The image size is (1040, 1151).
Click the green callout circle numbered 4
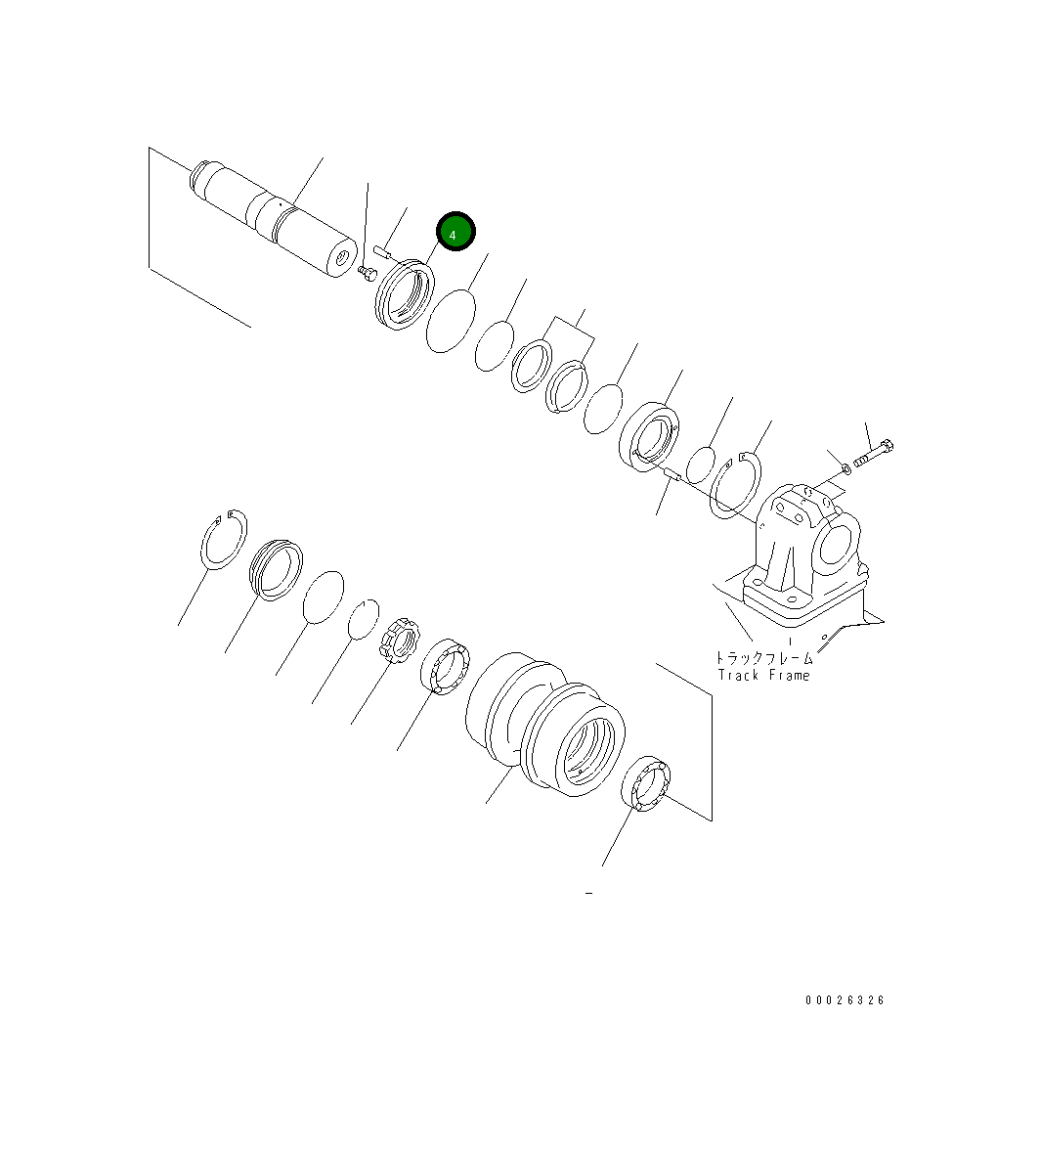click(455, 232)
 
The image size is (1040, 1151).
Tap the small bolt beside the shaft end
click(368, 272)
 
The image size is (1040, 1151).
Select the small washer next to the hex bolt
click(845, 470)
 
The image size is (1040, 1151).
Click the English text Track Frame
click(763, 676)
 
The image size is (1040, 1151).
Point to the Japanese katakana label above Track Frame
click(763, 660)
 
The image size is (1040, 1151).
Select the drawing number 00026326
click(845, 1000)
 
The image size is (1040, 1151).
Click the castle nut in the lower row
click(398, 642)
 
